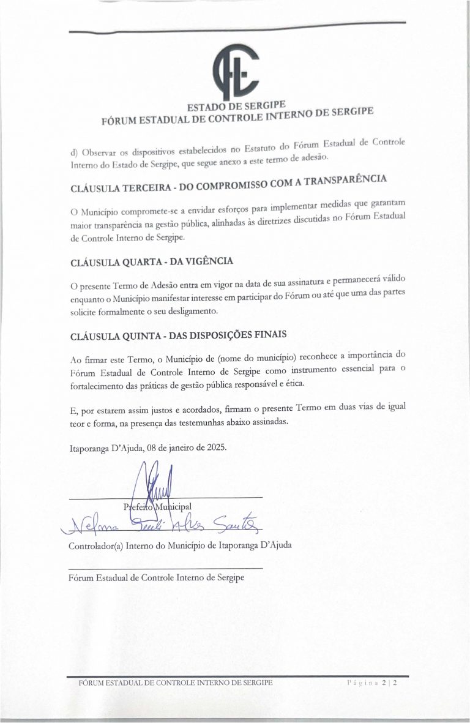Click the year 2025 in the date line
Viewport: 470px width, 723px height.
click(x=215, y=447)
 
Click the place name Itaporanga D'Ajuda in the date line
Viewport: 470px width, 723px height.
click(x=103, y=448)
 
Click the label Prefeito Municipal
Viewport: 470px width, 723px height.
click(x=157, y=506)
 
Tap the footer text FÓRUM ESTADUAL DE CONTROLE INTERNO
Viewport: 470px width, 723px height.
click(x=171, y=682)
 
